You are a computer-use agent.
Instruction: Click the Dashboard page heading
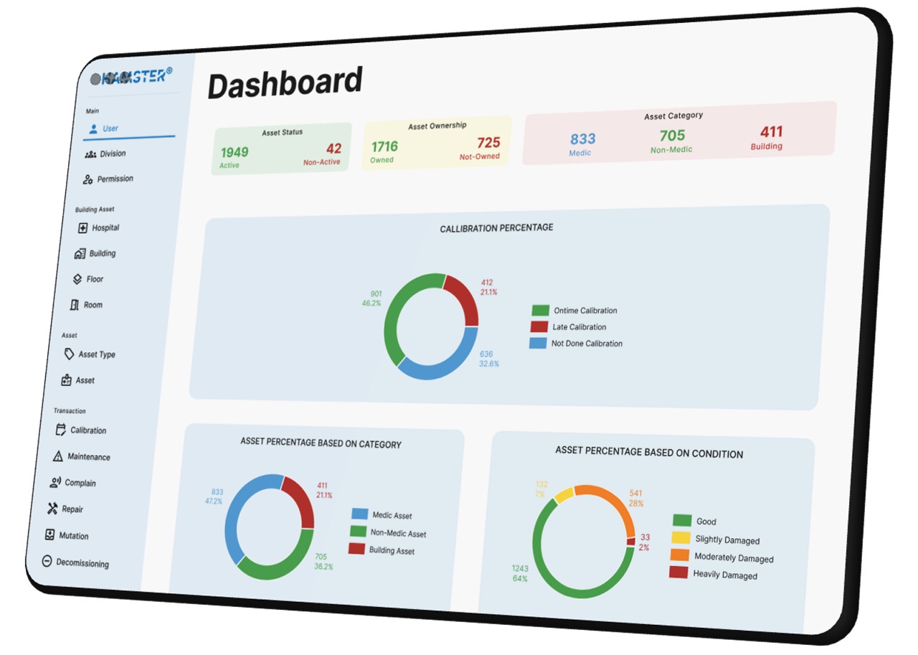(x=285, y=83)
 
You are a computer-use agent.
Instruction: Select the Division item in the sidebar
(x=112, y=154)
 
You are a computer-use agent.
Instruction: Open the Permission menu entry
(x=115, y=179)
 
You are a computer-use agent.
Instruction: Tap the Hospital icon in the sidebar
(x=83, y=228)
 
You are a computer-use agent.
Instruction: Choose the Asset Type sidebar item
(x=96, y=354)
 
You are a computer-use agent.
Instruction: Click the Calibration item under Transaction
(x=87, y=430)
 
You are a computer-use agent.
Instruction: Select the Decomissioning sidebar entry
(x=82, y=563)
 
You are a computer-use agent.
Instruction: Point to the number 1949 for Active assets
(x=235, y=152)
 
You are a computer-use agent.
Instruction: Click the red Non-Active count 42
(x=333, y=149)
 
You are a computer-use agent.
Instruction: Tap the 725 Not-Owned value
(x=488, y=143)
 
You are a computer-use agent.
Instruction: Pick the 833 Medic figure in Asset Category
(x=582, y=138)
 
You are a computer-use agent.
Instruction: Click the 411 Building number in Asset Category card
(x=771, y=132)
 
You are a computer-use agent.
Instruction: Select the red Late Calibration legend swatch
(x=539, y=327)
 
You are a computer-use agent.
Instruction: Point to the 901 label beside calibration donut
(x=376, y=294)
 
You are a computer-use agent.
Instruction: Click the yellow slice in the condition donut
(x=563, y=494)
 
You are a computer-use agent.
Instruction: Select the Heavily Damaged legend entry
(x=724, y=575)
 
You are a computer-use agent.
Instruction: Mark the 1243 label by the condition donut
(x=520, y=569)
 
